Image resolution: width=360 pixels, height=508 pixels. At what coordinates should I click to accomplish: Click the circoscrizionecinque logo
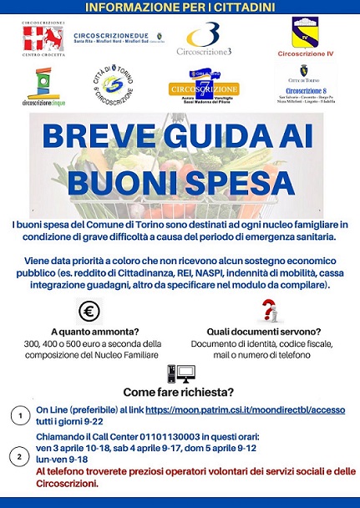pos(43,87)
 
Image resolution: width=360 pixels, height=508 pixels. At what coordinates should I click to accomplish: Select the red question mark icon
pos(268,311)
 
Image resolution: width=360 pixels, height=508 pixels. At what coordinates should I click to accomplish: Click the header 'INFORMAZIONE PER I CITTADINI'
pos(180,8)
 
